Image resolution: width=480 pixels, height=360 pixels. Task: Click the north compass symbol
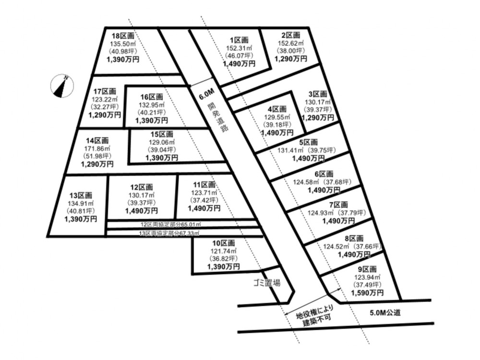point(62,86)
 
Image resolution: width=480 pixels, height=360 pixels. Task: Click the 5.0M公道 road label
point(385,312)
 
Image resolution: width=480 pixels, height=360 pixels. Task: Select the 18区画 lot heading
point(123,36)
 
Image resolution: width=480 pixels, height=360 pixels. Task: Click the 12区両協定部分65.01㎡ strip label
point(170,225)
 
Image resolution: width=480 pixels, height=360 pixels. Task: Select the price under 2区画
point(290,58)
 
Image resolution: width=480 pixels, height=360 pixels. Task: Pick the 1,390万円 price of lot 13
point(81,219)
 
